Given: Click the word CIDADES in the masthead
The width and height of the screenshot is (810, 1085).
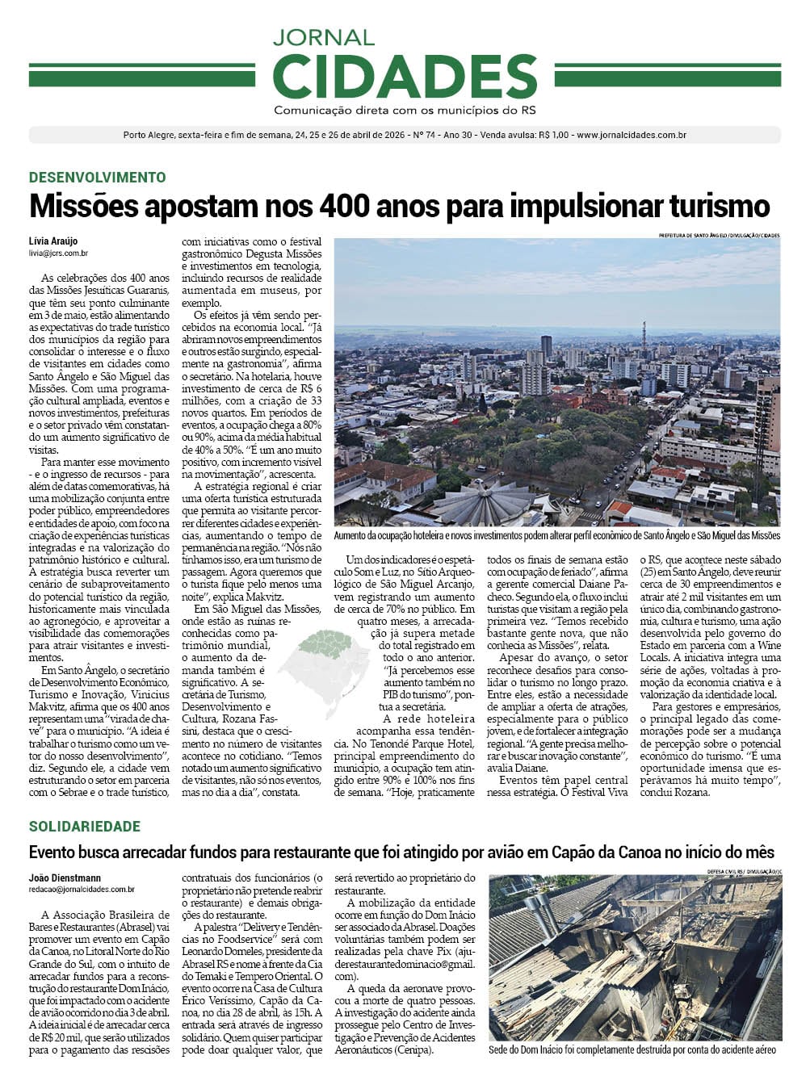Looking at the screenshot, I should coord(405,77).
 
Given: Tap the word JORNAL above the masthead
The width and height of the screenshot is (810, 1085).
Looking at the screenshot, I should coord(324,37).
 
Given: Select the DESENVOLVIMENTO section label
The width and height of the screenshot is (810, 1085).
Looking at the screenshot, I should coord(97,178).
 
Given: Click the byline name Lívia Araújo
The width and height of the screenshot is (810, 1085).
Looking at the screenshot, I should coord(53,241).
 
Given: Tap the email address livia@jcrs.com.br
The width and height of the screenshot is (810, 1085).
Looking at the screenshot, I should coord(58,253).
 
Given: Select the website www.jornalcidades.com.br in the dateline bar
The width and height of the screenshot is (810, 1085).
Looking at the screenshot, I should coord(632,135).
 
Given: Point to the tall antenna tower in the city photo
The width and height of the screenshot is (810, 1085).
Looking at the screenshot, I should coord(643,343).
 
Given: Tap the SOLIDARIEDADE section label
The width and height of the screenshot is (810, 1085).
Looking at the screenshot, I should coord(85,827).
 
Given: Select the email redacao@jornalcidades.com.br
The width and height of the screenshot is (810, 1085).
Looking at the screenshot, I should coord(82,889).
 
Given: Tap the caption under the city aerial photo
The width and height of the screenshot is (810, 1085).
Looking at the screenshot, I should coord(557,535).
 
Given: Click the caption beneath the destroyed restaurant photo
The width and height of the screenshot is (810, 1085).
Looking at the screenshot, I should coord(632,1050).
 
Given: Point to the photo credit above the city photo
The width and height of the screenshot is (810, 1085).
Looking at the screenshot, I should coord(719,235).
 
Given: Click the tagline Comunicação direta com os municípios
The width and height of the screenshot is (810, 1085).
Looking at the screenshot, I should coord(405,110).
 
